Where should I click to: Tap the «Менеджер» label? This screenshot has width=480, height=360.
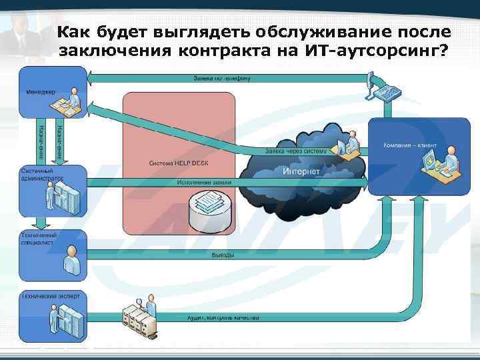[x=41, y=91]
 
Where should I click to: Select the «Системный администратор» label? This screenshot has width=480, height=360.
[x=41, y=175]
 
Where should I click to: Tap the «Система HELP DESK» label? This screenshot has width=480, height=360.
[x=180, y=163]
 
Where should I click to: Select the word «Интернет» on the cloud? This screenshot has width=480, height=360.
[x=301, y=171]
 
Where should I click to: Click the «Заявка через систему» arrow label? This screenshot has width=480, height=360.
[x=296, y=151]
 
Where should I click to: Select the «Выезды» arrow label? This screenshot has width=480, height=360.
[x=222, y=255]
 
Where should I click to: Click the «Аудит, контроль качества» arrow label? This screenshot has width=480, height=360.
[x=223, y=318]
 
